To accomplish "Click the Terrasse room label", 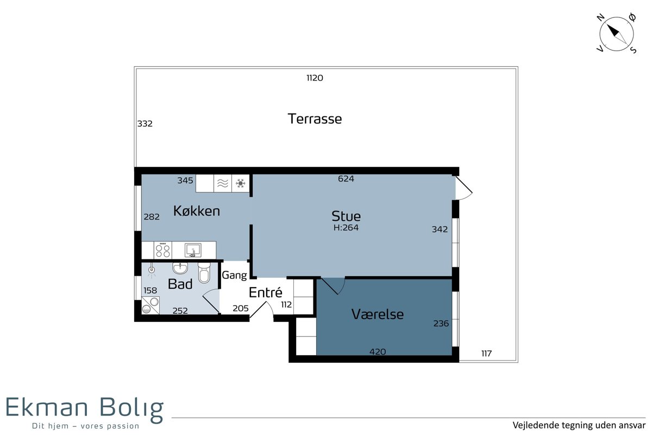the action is (315, 119).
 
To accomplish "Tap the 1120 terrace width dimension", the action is (315, 78).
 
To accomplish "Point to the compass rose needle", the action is (617, 34).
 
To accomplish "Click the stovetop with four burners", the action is (162, 250).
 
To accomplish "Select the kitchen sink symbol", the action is (193, 250).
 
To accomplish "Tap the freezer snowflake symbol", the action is (240, 183).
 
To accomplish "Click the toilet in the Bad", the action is (204, 273).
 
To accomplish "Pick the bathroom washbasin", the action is (180, 268).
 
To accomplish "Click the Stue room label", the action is (346, 216).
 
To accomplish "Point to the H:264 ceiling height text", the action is (346, 227).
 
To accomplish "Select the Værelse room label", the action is (378, 314).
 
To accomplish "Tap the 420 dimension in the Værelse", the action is (378, 352).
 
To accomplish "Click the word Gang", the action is (234, 275).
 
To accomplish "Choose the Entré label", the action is (266, 292).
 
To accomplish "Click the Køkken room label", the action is (197, 211).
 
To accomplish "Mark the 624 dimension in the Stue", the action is (346, 178).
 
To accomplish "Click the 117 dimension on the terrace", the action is (486, 354).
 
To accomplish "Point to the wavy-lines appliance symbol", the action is (223, 183).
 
